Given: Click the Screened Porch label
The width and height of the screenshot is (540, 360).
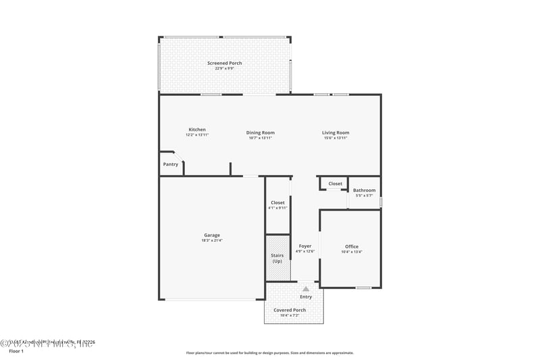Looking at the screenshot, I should [x=224, y=63].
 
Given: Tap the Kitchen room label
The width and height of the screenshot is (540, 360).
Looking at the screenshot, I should [x=197, y=130].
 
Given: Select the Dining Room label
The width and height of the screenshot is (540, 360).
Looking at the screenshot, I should [x=260, y=132].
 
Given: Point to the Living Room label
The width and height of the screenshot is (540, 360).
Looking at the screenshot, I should [x=335, y=132].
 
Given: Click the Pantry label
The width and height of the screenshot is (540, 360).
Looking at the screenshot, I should [x=171, y=164].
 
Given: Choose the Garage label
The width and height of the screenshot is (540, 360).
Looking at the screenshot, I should [x=212, y=235].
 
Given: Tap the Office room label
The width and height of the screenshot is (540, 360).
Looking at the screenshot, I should [x=352, y=247].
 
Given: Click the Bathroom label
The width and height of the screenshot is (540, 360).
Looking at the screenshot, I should [x=364, y=190].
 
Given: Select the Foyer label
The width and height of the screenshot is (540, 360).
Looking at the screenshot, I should [x=305, y=246].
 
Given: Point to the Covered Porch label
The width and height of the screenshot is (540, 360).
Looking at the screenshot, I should [x=290, y=310].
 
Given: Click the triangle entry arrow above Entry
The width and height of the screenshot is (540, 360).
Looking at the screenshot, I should [x=306, y=289].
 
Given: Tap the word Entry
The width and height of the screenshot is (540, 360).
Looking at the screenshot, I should [x=306, y=297].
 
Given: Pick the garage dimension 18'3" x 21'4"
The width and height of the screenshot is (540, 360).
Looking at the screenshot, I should [x=212, y=240].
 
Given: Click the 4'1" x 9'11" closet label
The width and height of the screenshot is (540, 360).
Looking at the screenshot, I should [x=277, y=208].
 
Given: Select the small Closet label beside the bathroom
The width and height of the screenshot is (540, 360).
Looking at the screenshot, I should [x=335, y=184].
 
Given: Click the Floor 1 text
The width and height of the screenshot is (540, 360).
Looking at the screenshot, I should [x=16, y=351].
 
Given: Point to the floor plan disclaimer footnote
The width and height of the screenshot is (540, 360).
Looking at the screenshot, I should [x=269, y=353].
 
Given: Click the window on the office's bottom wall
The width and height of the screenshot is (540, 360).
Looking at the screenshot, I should [x=363, y=288].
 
